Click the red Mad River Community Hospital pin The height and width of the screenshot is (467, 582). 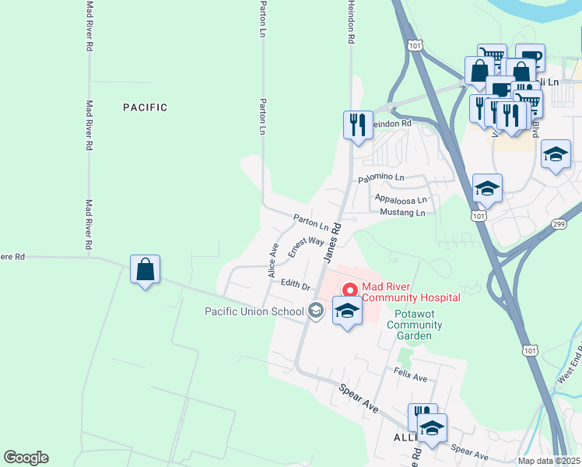coord(350,290)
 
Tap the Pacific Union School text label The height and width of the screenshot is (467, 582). coord(254,312)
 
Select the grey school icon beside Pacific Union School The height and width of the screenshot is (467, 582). coord(315,311)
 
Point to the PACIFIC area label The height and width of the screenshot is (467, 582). coord(145,107)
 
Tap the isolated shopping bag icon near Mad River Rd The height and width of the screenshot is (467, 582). coord(145,270)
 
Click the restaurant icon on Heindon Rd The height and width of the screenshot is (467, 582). coord(358,125)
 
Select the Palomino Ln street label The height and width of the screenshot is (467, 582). coord(381,179)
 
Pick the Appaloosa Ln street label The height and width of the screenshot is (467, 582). coord(401,199)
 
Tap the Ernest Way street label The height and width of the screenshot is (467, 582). coord(306,248)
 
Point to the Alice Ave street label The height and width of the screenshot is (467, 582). coord(273,261)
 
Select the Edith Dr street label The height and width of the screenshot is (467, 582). coord(296,286)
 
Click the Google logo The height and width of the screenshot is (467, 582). coord(26,458)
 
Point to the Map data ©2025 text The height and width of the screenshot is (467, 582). coord(549,461)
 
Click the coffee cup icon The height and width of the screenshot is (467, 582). coord(530,58)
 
